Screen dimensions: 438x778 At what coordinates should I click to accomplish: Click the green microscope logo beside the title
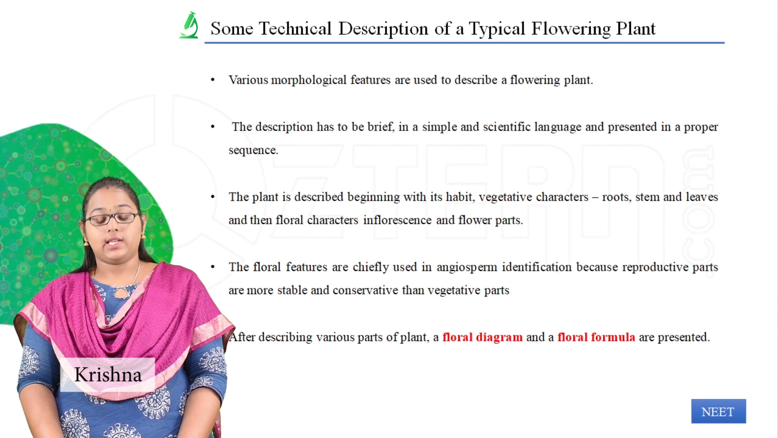click(x=189, y=26)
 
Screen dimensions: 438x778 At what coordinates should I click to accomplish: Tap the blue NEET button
click(x=718, y=411)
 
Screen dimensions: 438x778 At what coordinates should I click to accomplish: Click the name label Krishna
click(x=108, y=374)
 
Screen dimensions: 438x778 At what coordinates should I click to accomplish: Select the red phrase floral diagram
click(x=482, y=337)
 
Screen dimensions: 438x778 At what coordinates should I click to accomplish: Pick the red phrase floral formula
click(x=596, y=337)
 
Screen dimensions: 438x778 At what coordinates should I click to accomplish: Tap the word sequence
click(x=253, y=150)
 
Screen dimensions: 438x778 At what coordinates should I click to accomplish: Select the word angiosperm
click(x=466, y=267)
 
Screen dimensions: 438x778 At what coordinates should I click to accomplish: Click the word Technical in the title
click(x=295, y=29)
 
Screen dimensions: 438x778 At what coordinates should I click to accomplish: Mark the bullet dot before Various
click(x=213, y=80)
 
